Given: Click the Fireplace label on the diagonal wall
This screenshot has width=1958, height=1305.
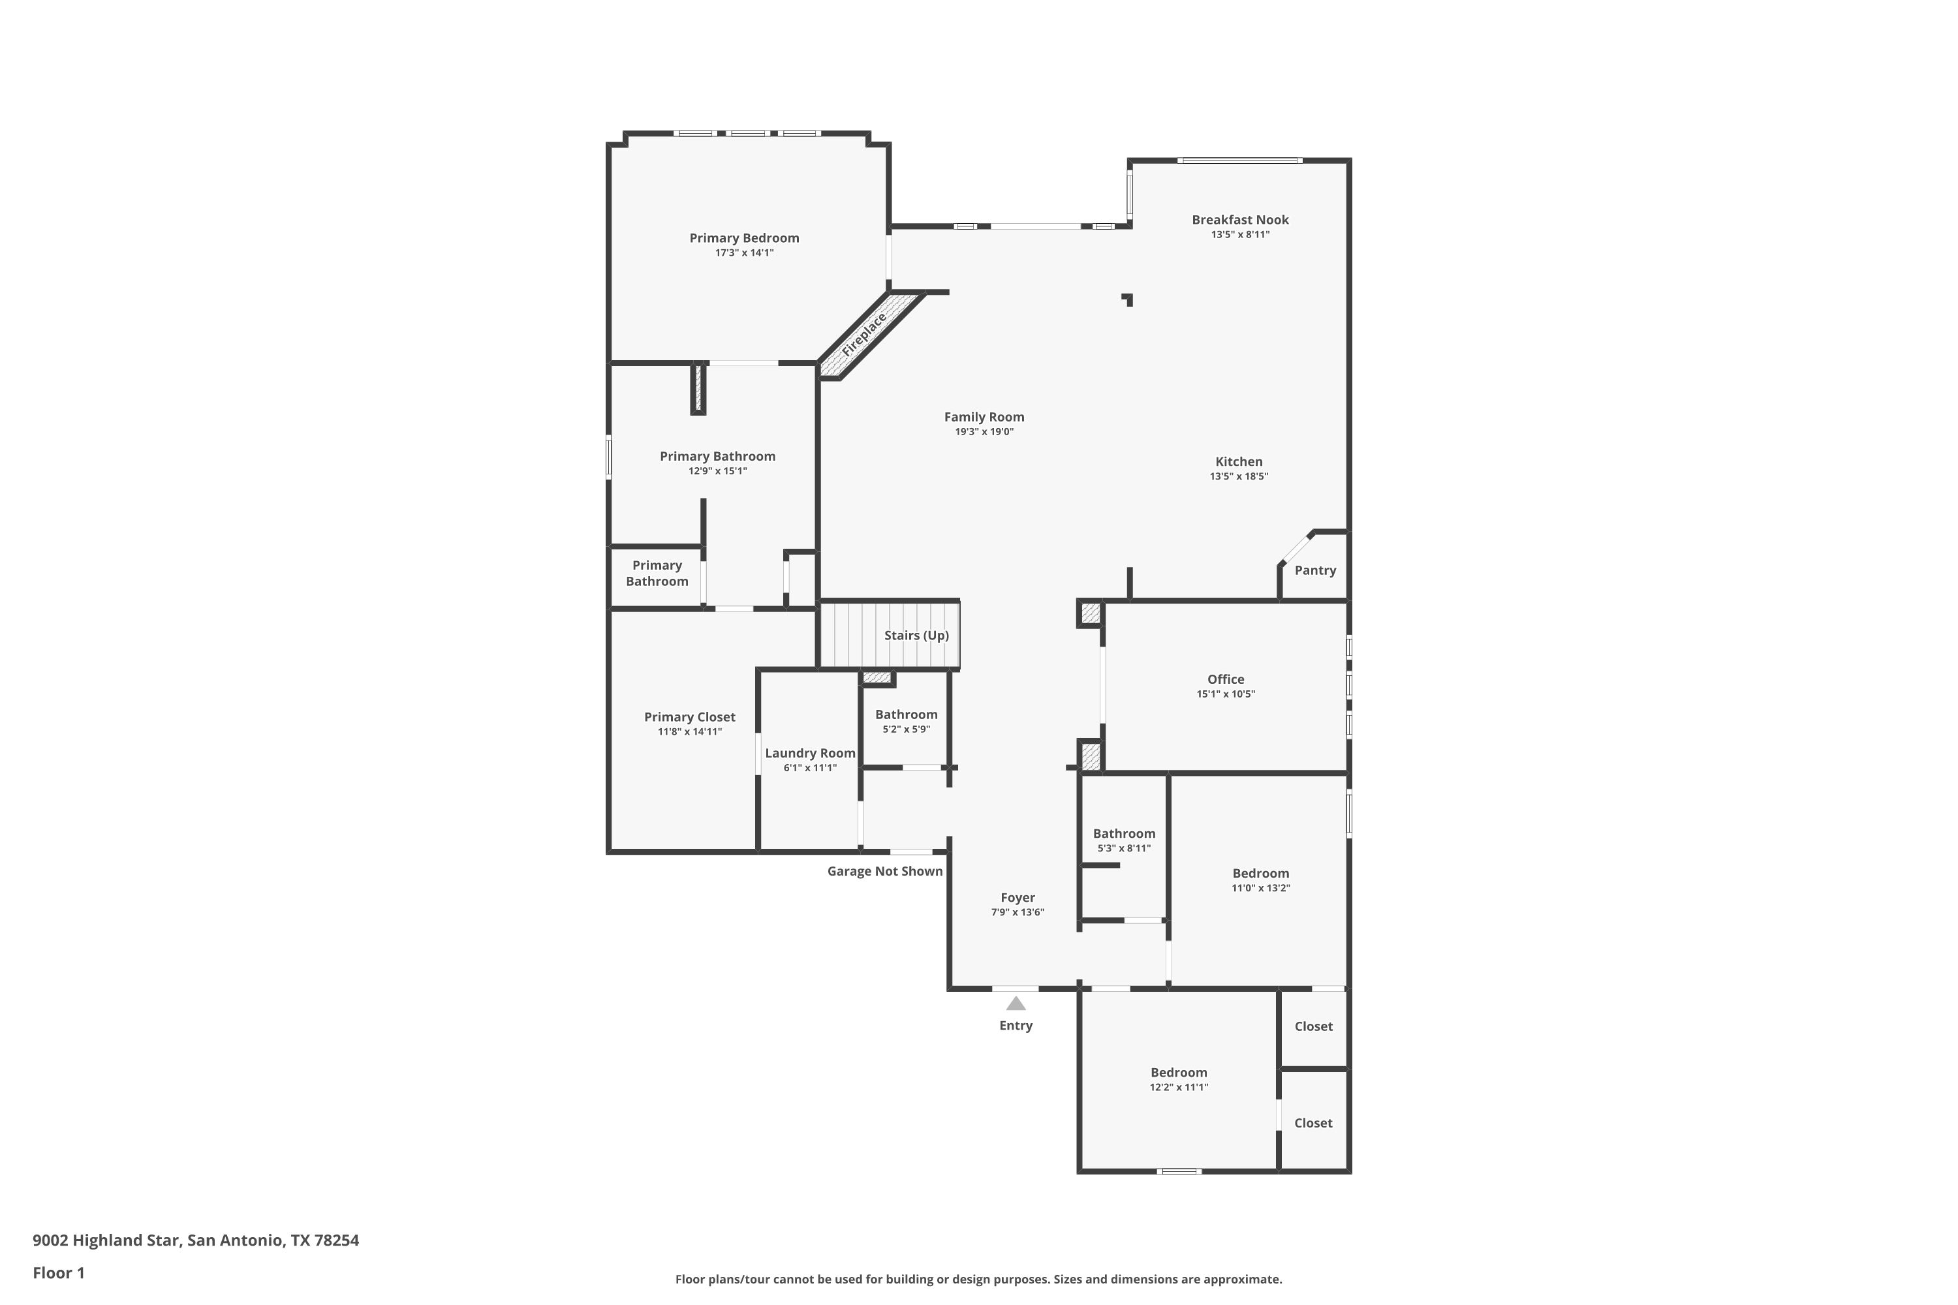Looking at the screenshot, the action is pos(863,335).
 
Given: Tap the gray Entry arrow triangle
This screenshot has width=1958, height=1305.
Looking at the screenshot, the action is pos(1016,1003).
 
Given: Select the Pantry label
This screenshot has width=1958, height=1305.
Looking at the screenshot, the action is pos(1315,570).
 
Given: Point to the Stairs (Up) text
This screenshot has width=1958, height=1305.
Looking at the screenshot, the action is pos(916,635).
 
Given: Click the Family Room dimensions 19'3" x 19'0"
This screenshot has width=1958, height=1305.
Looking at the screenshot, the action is pos(984,432).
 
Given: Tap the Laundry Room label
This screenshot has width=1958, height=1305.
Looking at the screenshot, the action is pos(810,753).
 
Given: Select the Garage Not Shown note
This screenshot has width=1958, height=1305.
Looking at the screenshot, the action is pos(885,871).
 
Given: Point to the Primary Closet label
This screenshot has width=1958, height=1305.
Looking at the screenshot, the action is pos(690,717).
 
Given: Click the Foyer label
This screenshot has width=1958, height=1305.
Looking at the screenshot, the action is pos(1018,897).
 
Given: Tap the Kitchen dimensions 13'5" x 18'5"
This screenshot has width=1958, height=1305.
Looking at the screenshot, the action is pos(1239,477).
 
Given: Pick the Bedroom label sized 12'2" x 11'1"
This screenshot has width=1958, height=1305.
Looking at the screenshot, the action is pos(1179,1073).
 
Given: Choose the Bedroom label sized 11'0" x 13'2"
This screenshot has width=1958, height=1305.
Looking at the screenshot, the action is pos(1261,873).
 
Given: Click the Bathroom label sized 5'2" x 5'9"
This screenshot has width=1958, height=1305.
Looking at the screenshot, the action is pos(907,714).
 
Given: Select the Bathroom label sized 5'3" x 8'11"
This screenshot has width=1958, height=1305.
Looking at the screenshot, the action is pos(1124,833).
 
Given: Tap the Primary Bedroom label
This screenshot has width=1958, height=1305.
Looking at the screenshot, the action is pos(744,238).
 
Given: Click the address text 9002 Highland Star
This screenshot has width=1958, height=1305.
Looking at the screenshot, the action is pos(106,1240).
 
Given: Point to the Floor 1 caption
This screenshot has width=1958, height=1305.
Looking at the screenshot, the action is pos(58,1272).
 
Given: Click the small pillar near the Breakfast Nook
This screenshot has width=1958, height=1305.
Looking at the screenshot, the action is pos(1127,299).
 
